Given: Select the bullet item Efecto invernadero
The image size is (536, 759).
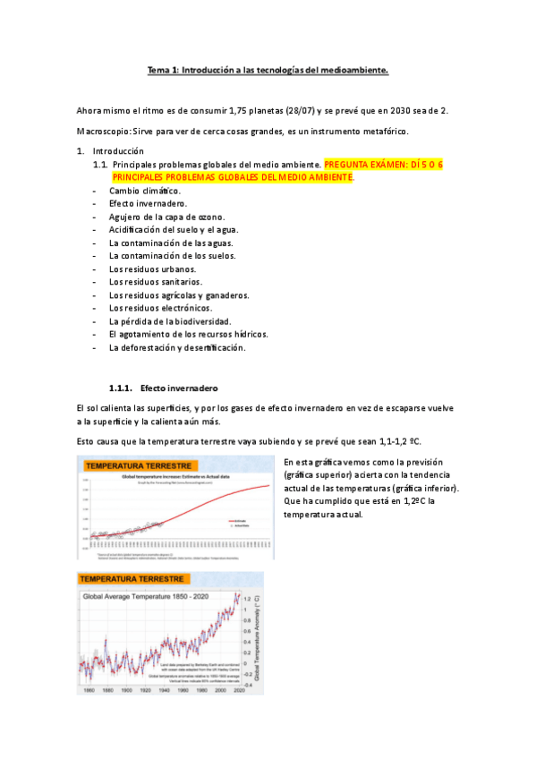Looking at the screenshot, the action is pyautogui.click(x=149, y=204).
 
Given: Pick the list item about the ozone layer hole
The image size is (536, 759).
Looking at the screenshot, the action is pyautogui.click(x=167, y=217).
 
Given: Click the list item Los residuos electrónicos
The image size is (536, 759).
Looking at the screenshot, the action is pyautogui.click(x=160, y=308).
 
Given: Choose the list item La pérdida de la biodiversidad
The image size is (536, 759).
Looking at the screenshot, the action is pyautogui.click(x=170, y=320).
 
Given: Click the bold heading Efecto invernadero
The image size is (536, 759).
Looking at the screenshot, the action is pyautogui.click(x=180, y=388).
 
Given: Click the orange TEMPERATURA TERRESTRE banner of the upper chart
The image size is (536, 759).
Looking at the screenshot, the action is pyautogui.click(x=139, y=466).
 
